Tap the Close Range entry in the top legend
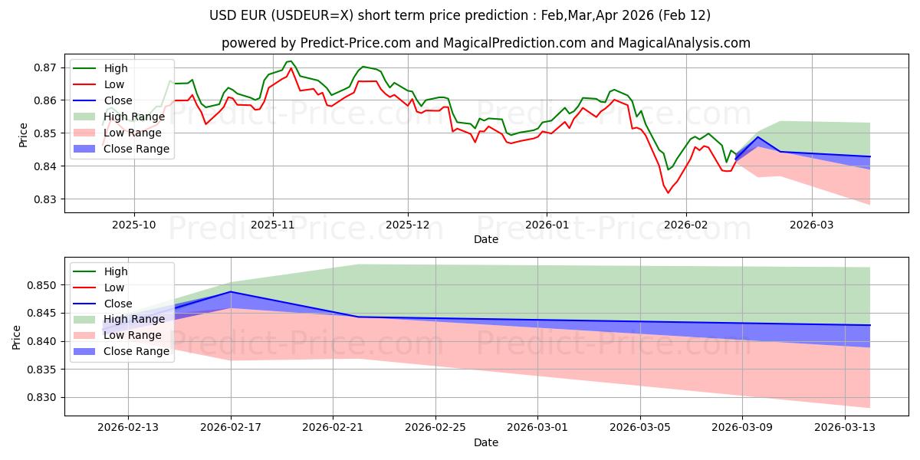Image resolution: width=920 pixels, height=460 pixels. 136,149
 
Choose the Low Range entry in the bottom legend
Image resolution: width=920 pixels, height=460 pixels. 133,335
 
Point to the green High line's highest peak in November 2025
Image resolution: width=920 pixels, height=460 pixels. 290,61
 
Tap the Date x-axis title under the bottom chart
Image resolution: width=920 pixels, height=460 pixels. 486,443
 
